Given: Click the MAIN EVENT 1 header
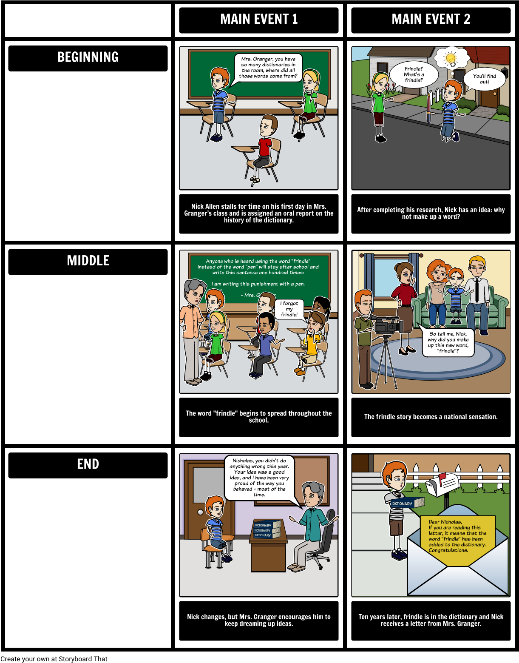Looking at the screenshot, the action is click(x=258, y=20).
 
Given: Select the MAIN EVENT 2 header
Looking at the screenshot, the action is click(x=431, y=20).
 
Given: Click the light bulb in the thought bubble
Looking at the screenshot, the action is click(x=451, y=58).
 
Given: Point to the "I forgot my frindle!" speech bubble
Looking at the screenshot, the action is click(x=289, y=309).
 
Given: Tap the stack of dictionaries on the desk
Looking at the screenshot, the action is click(x=267, y=529).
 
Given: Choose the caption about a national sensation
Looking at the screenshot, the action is click(x=431, y=417).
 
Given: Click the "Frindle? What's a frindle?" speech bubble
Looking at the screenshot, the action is click(x=414, y=74).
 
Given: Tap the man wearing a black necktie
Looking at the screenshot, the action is click(x=477, y=295).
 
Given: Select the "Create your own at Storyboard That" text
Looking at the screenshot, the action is click(x=54, y=659).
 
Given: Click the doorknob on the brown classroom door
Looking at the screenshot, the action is click(x=200, y=512).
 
